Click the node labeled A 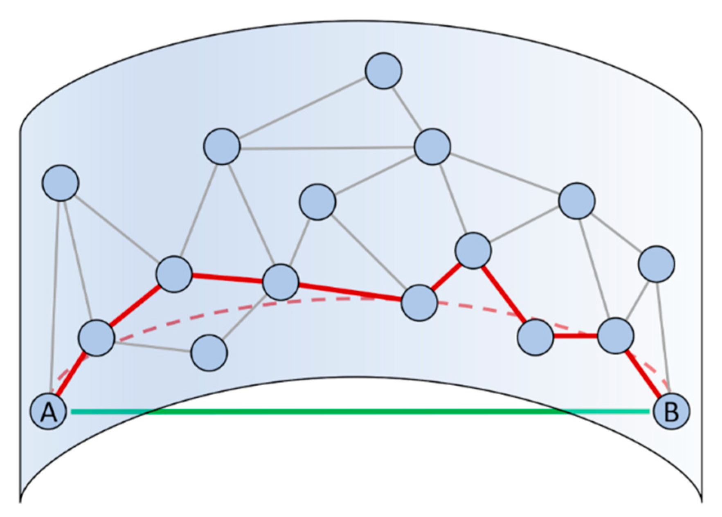[x=49, y=411]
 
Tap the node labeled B [x=671, y=411]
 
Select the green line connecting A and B [x=360, y=411]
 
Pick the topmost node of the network [x=383, y=71]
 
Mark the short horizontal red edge [x=575, y=336]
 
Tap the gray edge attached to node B [x=663, y=335]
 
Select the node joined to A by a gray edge [x=60, y=183]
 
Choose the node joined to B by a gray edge [x=656, y=264]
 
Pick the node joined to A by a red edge [x=97, y=338]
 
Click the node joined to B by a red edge [x=615, y=335]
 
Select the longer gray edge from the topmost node [x=303, y=108]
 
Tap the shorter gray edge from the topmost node [x=407, y=108]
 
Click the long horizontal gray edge [x=327, y=147]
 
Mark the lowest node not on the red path [x=209, y=353]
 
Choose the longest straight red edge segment [x=350, y=292]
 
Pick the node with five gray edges [x=432, y=146]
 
